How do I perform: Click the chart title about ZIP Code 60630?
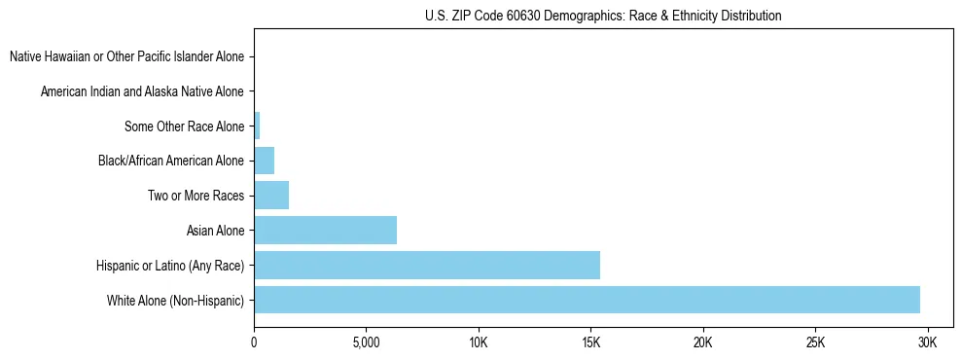pyautogui.click(x=603, y=16)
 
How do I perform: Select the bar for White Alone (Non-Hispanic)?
pyautogui.click(x=587, y=300)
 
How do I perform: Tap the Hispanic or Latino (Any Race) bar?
pyautogui.click(x=427, y=265)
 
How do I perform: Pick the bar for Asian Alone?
pyautogui.click(x=325, y=231)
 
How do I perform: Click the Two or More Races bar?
pyautogui.click(x=271, y=196)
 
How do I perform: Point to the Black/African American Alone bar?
pyautogui.click(x=265, y=161)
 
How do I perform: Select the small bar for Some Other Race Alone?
pyautogui.click(x=257, y=126)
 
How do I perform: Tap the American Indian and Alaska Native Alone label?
pyautogui.click(x=143, y=91)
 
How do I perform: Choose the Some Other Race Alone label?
pyautogui.click(x=185, y=126)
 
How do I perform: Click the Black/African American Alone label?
pyautogui.click(x=171, y=161)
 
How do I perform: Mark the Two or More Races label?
pyautogui.click(x=196, y=196)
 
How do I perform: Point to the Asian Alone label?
pyautogui.click(x=216, y=231)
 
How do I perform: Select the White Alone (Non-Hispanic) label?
pyautogui.click(x=176, y=300)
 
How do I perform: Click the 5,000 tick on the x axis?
pyautogui.click(x=366, y=342)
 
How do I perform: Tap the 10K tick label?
pyautogui.click(x=479, y=342)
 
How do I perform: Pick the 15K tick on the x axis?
pyautogui.click(x=590, y=342)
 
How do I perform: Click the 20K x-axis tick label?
pyautogui.click(x=703, y=342)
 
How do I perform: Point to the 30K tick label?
pyautogui.click(x=928, y=342)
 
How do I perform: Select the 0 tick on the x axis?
pyautogui.click(x=254, y=342)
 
